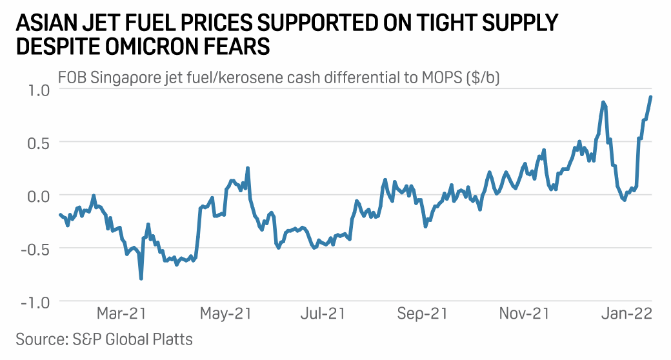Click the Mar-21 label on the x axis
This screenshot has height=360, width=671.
[121, 314]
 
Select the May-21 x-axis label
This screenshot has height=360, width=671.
[225, 314]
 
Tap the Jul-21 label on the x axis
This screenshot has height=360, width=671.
[323, 314]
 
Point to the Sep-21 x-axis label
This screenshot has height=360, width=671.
[422, 314]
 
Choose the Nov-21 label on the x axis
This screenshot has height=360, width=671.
[524, 314]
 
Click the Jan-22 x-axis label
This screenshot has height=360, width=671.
[626, 314]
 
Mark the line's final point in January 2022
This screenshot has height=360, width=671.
[651, 97]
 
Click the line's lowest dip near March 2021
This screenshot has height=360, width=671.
[141, 279]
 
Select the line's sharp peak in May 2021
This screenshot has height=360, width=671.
[248, 168]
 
